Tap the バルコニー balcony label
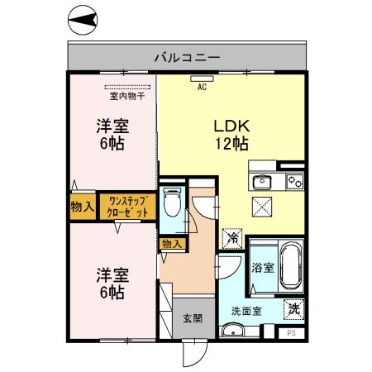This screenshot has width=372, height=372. pos(187,58)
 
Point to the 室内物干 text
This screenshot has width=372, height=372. pos(127,95)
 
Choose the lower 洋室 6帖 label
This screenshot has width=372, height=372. pos(112,283)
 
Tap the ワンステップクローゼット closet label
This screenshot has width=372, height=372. pos(128,206)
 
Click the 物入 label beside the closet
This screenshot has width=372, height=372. pos(82,206)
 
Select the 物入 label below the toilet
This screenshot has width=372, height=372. pos(171,245)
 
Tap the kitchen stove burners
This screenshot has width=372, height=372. pos(293,182)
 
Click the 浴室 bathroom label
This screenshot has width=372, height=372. pos(262,268)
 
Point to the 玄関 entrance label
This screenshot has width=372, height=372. pos(193,317)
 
